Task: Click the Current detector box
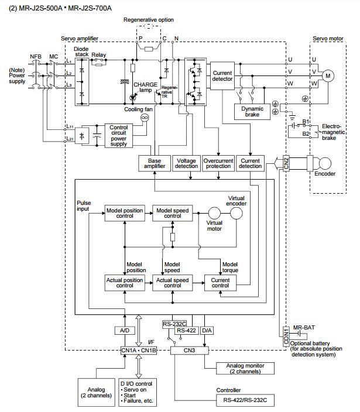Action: (222, 76)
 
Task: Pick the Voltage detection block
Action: (186, 163)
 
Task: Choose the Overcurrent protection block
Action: (218, 163)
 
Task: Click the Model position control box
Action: (124, 213)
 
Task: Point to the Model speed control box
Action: (172, 213)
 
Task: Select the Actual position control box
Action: (124, 282)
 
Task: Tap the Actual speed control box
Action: (172, 282)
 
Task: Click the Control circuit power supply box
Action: (118, 136)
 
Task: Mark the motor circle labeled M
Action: (328, 75)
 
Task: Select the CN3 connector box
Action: (190, 350)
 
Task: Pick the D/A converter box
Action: (207, 331)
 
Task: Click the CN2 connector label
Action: (286, 163)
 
